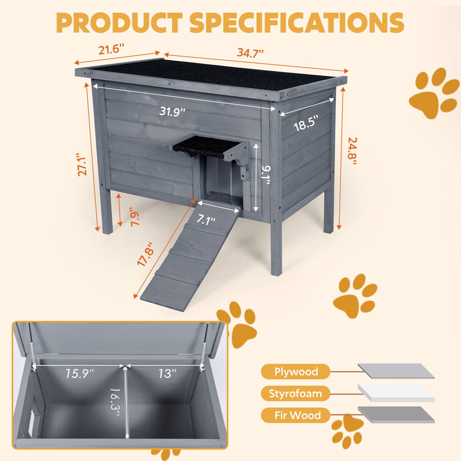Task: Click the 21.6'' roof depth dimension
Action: (111, 49)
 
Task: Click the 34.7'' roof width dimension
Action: (250, 53)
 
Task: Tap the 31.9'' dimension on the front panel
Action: (172, 111)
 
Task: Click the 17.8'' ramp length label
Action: (145, 253)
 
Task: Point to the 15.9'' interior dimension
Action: (79, 373)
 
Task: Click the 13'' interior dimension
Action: (167, 373)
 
